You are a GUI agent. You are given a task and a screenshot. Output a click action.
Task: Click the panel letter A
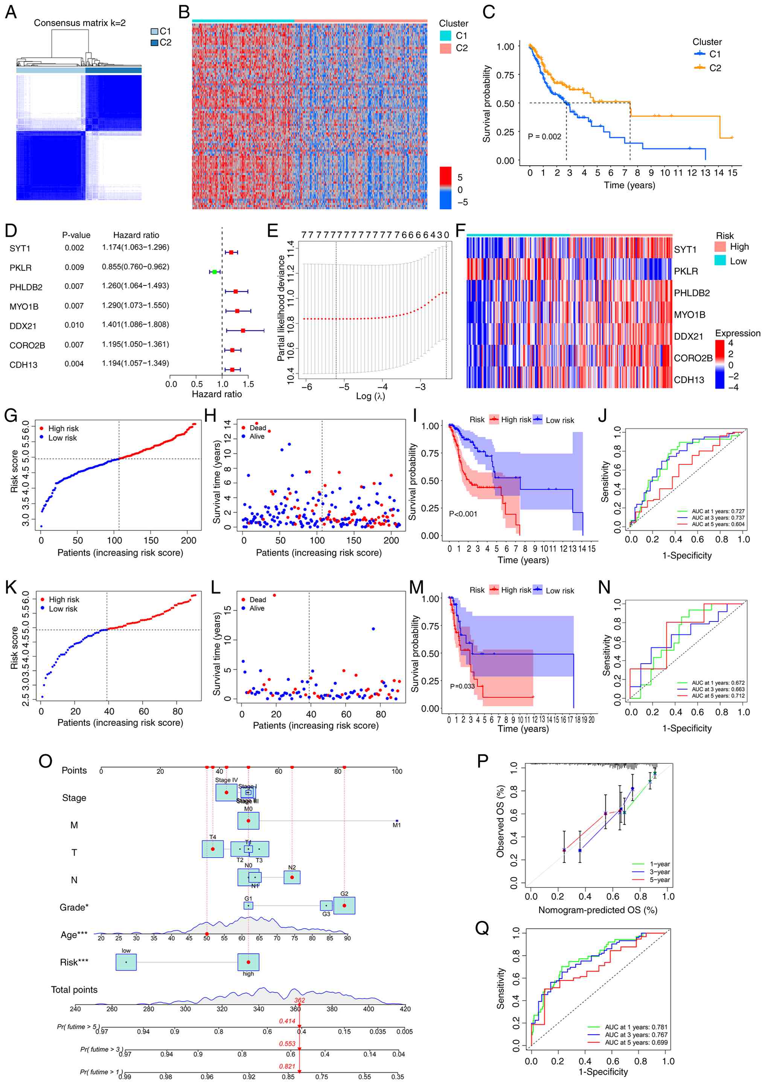(11, 12)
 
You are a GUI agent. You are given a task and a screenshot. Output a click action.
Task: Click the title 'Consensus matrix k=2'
(79, 23)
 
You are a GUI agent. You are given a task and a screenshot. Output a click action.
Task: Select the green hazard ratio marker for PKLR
(215, 272)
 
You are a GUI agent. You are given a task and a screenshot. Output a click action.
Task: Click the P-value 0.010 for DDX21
(74, 325)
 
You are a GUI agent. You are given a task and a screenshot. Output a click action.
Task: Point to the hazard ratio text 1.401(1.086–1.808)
(135, 325)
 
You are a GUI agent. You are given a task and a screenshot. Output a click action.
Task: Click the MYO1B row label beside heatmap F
(689, 315)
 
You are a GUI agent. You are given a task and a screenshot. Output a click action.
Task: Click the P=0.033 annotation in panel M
(462, 686)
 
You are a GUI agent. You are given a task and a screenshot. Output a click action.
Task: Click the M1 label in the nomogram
(396, 825)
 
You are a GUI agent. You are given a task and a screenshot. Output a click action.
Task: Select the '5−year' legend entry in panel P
(659, 879)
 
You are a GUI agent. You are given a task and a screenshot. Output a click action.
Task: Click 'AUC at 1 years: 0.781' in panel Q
(636, 1027)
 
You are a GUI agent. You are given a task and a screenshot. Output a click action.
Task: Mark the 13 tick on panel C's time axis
(705, 173)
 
